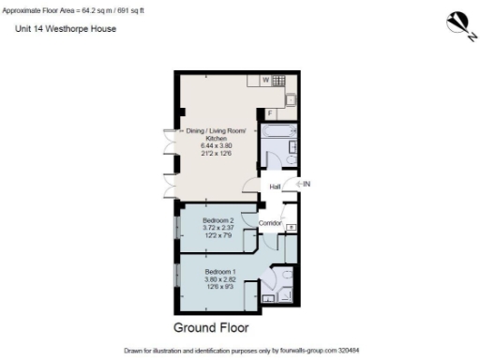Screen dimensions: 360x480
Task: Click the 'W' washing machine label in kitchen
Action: click(265, 81)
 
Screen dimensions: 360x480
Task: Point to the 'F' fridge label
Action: click(270, 113)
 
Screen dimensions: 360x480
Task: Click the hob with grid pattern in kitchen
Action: click(278, 81)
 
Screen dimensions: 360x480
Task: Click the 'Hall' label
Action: click(275, 187)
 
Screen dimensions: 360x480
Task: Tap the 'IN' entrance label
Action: click(306, 184)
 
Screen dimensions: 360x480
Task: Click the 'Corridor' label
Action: click(271, 222)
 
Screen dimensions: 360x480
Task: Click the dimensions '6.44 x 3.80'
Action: click(217, 146)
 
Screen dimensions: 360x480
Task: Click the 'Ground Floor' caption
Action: click(211, 328)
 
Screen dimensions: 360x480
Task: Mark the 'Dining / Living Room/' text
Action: click(217, 129)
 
